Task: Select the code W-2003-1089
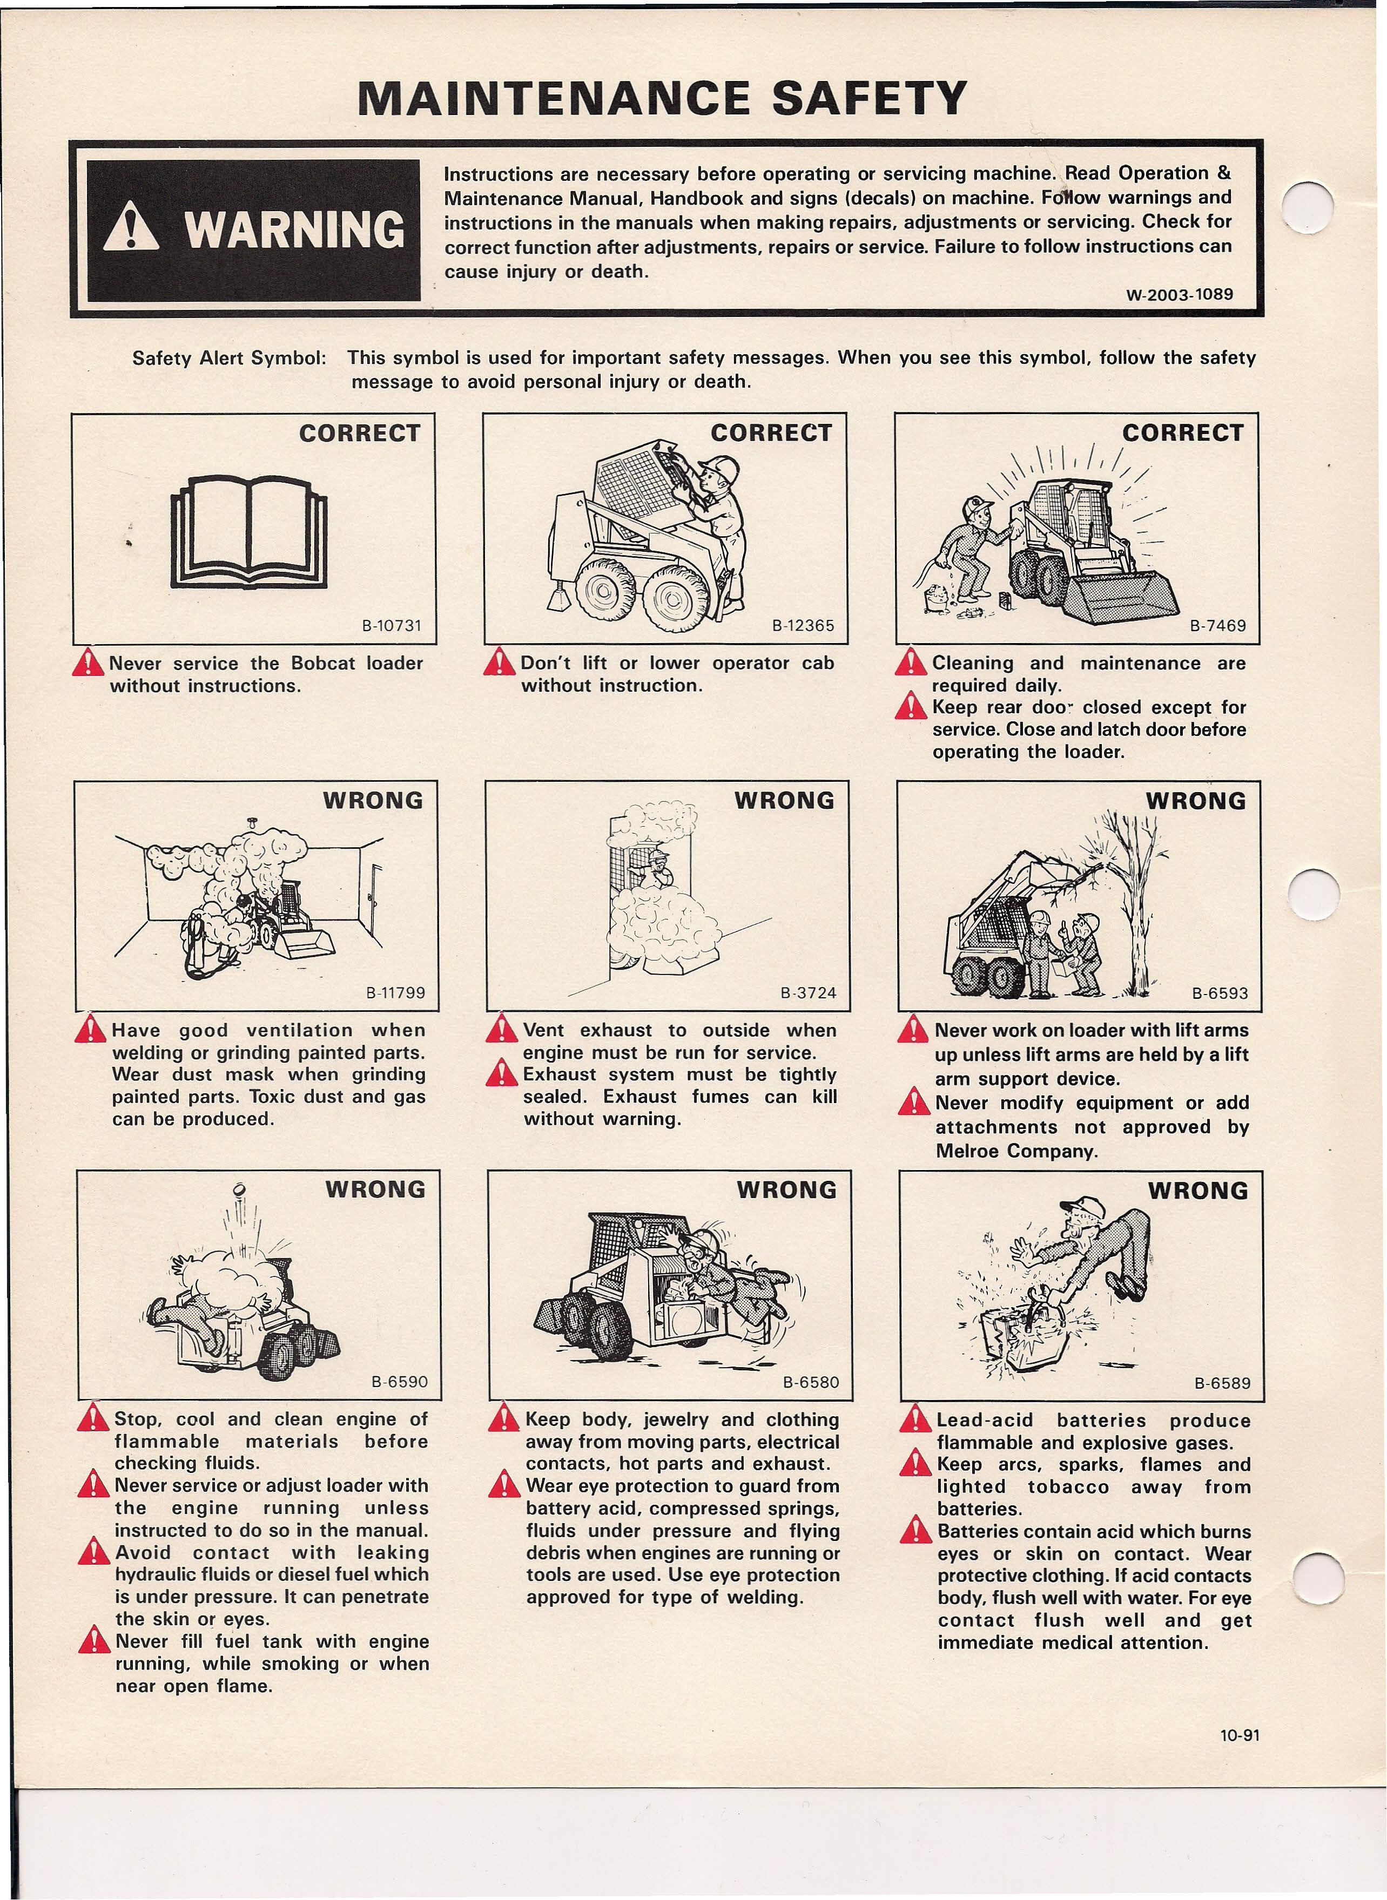click(x=1180, y=295)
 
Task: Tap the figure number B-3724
click(x=807, y=993)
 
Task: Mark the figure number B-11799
click(x=395, y=993)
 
